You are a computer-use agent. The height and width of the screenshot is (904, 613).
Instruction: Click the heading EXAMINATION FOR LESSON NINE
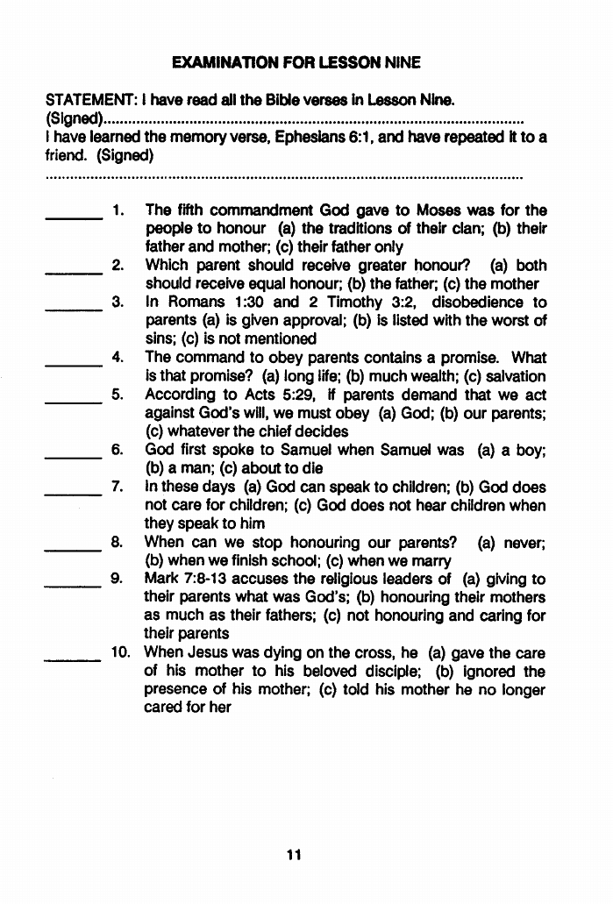(x=296, y=62)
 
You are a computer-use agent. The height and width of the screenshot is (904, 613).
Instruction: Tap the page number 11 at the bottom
(x=294, y=855)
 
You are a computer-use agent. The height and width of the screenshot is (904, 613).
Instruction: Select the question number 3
(x=116, y=303)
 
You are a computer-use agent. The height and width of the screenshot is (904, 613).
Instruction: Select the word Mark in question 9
(x=162, y=579)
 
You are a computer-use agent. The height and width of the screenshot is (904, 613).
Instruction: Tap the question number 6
(x=116, y=450)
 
